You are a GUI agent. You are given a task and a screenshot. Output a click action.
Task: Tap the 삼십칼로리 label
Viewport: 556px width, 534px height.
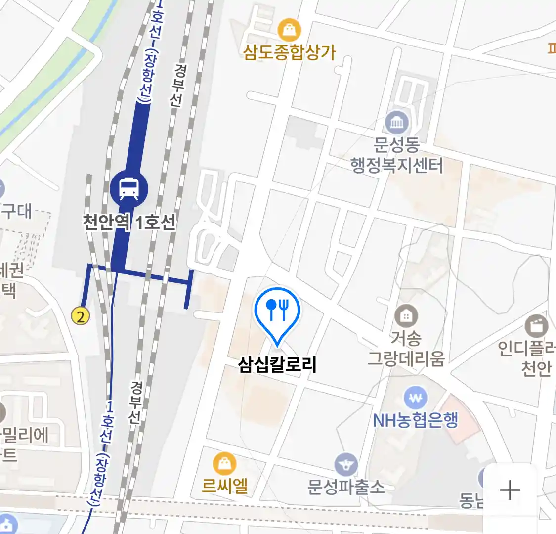pos(277,365)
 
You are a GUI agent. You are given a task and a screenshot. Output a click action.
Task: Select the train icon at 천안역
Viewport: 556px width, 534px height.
pos(129,188)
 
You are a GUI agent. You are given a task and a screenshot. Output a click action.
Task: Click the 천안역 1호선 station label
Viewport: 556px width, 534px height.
pos(128,222)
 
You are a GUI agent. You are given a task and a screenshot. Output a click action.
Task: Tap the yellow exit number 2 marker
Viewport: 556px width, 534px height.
pos(81,315)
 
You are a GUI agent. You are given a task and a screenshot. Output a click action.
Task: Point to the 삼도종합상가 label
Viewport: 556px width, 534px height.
pos(289,52)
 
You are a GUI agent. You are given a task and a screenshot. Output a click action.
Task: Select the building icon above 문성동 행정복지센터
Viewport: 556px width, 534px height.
pos(396,122)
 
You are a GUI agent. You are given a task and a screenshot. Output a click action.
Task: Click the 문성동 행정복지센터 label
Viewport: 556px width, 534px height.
pos(396,155)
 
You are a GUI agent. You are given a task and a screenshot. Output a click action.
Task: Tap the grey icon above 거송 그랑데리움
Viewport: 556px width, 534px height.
pos(406,315)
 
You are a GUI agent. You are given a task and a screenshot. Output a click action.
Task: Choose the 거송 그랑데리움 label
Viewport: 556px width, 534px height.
pos(406,349)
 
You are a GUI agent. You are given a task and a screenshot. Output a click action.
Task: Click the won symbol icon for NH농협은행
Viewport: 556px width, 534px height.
pos(416,398)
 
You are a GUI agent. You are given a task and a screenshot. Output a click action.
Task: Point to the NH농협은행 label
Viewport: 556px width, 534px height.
pos(416,420)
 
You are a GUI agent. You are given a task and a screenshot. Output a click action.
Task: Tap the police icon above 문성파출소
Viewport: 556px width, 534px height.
pos(346,465)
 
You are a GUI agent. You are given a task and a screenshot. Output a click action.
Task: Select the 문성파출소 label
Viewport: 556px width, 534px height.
pos(346,487)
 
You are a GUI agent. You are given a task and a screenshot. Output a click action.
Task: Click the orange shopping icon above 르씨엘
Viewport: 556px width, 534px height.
pos(224,464)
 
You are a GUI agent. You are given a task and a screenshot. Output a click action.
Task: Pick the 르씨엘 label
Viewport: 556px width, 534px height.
pos(225,486)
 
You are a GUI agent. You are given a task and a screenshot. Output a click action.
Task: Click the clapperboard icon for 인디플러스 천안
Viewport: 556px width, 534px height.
pos(536,326)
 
